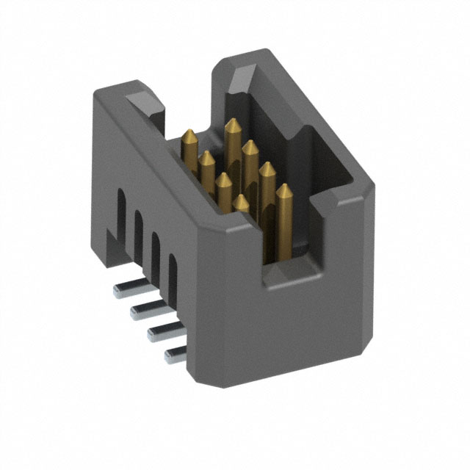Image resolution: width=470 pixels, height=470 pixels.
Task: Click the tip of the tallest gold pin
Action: point(232,123)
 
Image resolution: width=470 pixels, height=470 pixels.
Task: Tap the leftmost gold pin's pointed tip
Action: point(190,134)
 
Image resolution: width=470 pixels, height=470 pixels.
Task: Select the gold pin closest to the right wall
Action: point(283,189)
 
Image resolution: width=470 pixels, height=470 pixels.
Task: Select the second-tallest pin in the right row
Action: point(249,146)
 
